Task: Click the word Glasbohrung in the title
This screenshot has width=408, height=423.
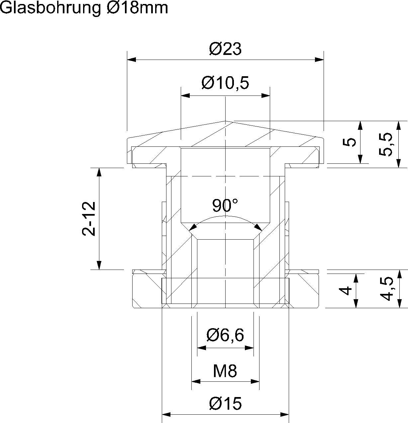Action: click(50, 8)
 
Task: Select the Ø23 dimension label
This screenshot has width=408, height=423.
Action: click(225, 49)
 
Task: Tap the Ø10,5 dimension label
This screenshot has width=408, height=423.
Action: click(225, 83)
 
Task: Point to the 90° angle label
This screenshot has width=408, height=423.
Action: click(225, 206)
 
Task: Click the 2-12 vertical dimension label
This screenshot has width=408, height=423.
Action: click(89, 219)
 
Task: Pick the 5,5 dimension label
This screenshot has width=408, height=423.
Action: click(385, 144)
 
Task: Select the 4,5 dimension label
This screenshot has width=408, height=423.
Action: click(385, 289)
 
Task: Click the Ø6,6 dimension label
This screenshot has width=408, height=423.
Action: click(225, 335)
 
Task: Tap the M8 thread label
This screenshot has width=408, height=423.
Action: click(225, 371)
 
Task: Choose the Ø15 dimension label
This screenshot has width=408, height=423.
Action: click(225, 404)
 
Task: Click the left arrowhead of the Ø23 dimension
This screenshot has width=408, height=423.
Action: click(132, 60)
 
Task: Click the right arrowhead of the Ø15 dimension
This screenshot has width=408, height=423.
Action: click(285, 415)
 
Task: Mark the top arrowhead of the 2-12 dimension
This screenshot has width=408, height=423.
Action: click(99, 172)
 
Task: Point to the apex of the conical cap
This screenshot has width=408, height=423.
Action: click(226, 121)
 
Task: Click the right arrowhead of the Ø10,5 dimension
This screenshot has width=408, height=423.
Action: click(266, 96)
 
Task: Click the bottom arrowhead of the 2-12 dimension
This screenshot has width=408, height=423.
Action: click(99, 265)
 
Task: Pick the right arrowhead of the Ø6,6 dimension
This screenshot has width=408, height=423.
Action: click(250, 348)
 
